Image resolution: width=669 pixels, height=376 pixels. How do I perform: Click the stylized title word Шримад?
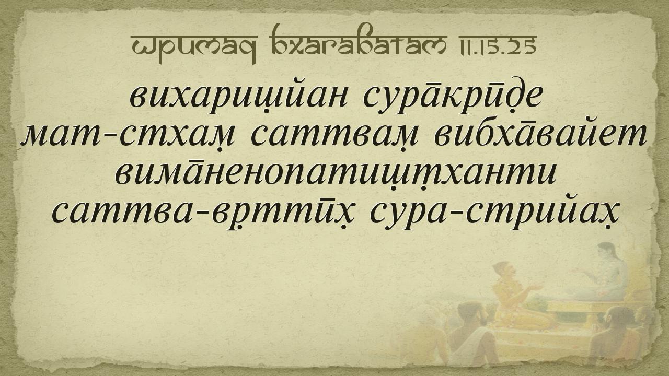(193, 46)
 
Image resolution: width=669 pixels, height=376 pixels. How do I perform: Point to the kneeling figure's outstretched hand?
(535, 287)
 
